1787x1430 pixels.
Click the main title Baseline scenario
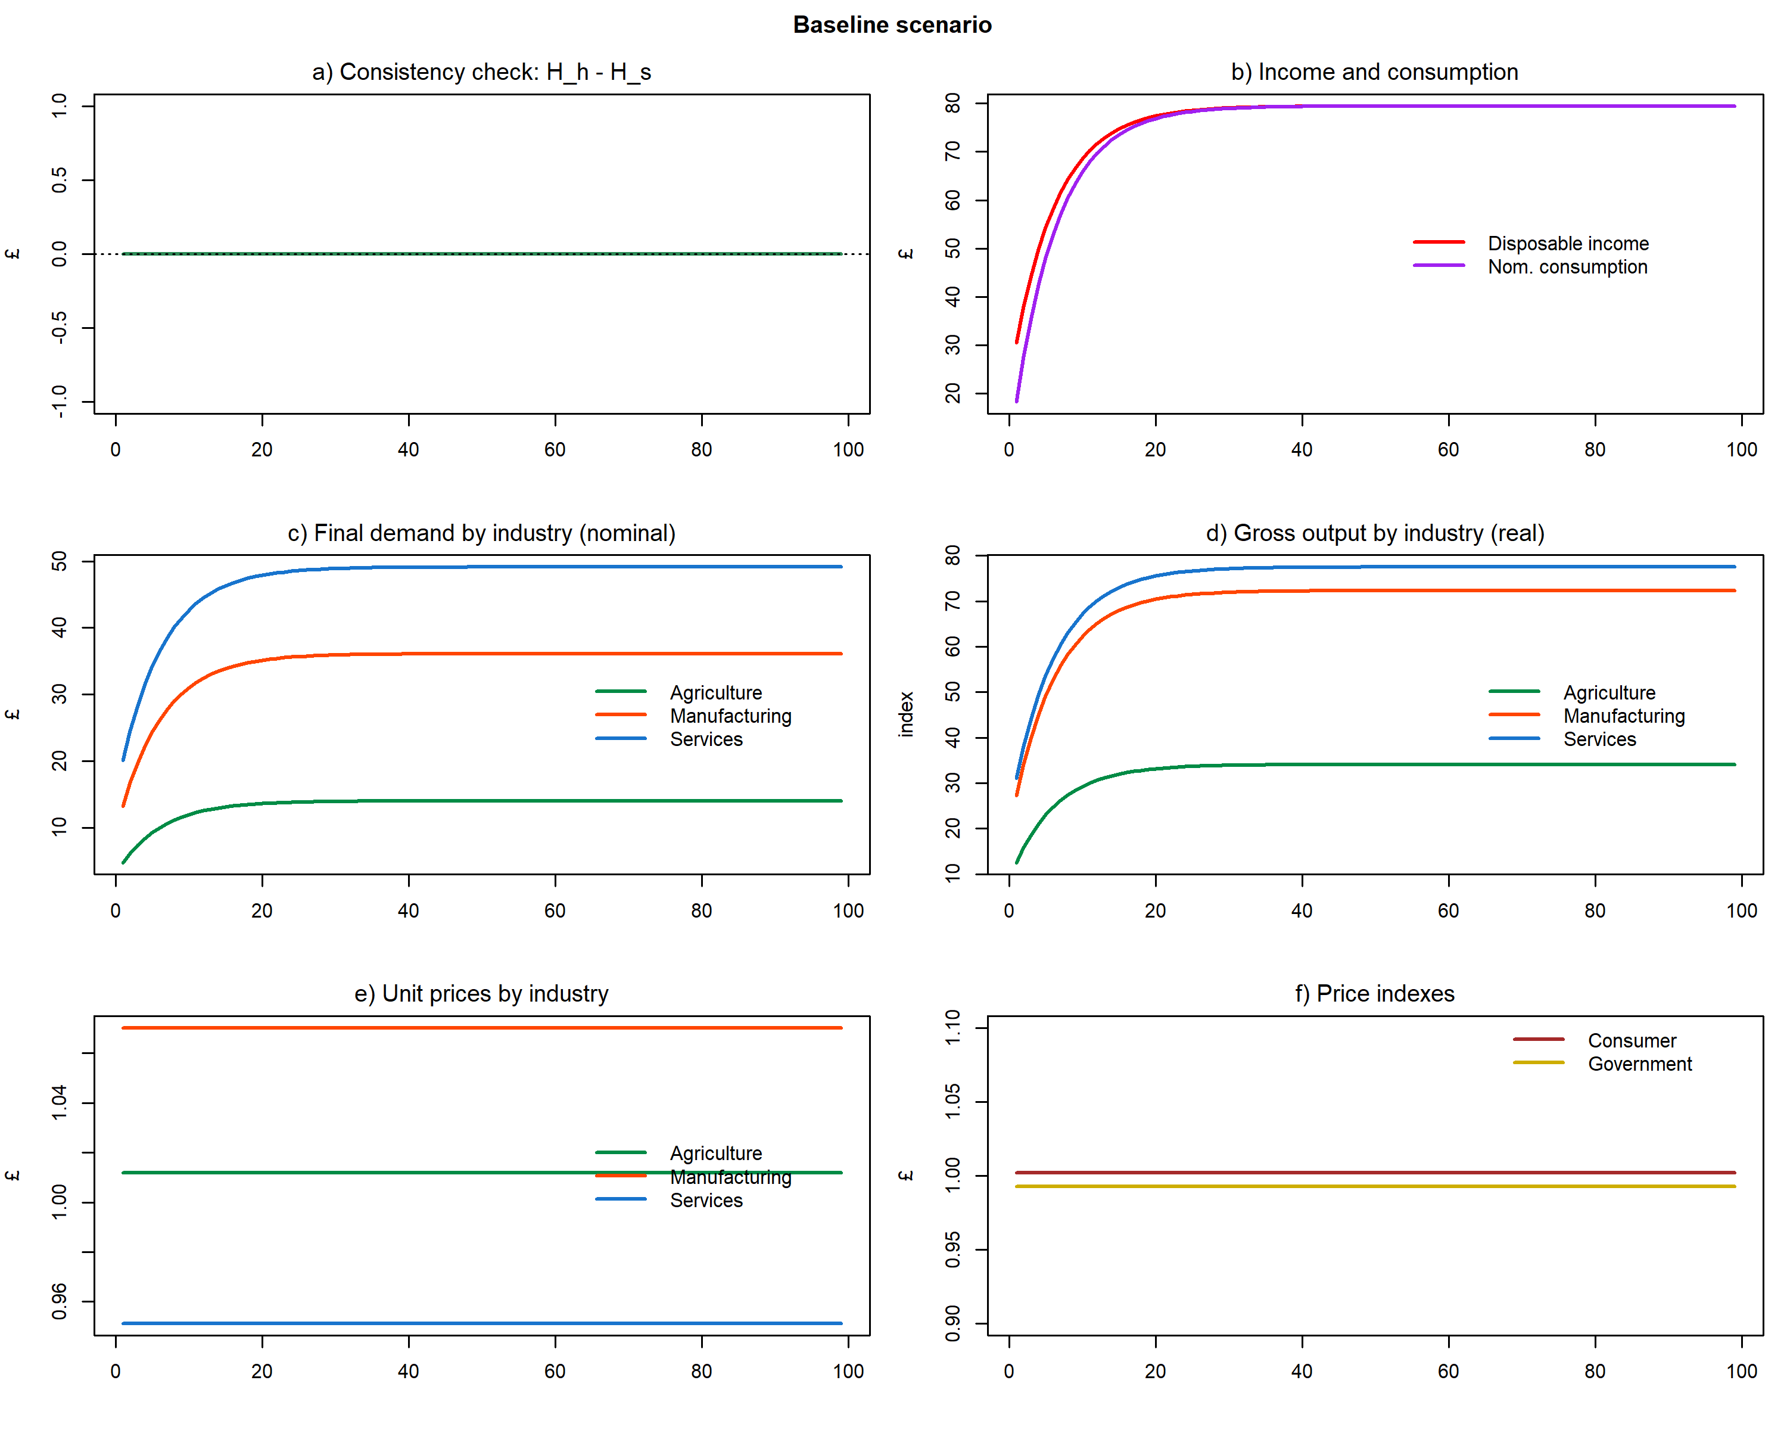pyautogui.click(x=892, y=25)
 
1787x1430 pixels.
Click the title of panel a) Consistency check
pyautogui.click(x=481, y=72)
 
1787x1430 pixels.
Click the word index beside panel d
pyautogui.click(x=906, y=714)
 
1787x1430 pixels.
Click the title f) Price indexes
pyautogui.click(x=1374, y=993)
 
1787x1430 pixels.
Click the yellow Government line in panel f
pyautogui.click(x=1375, y=1186)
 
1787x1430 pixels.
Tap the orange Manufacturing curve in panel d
pyautogui.click(x=1375, y=591)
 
